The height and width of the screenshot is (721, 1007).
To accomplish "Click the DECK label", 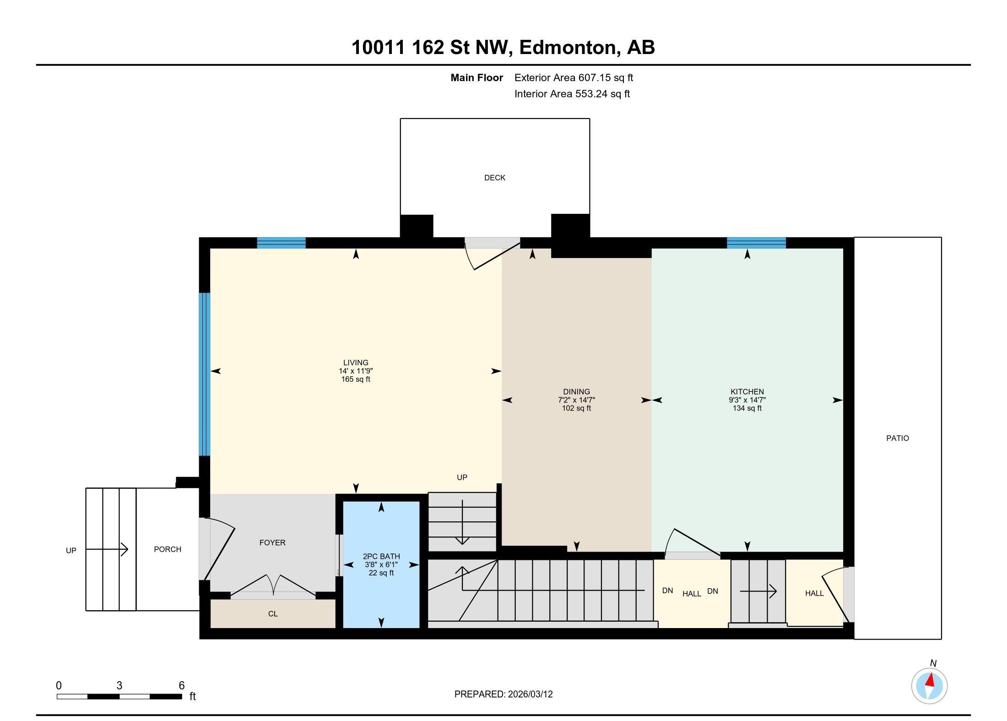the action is pyautogui.click(x=494, y=178).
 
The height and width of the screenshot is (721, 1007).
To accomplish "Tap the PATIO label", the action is pyautogui.click(x=897, y=438).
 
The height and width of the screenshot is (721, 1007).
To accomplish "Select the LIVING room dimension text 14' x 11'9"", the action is pyautogui.click(x=356, y=371).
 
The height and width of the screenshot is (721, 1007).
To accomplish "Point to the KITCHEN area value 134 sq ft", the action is pyautogui.click(x=747, y=408).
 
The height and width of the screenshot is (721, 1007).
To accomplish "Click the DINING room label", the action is pyautogui.click(x=576, y=391).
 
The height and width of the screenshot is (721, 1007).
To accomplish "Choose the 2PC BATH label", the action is pyautogui.click(x=381, y=557).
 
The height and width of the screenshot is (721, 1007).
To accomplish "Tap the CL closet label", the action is pyautogui.click(x=273, y=614).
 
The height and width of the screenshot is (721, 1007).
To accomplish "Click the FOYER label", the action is pyautogui.click(x=272, y=542).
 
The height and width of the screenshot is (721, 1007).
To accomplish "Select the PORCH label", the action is pyautogui.click(x=168, y=549).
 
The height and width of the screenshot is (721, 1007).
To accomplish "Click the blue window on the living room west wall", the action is pyautogui.click(x=205, y=374).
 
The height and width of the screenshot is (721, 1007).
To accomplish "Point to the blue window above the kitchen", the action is pyautogui.click(x=756, y=243).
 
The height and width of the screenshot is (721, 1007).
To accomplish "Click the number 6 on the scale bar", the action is pyautogui.click(x=181, y=685).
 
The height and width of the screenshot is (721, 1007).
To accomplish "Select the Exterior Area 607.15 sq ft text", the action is pyautogui.click(x=574, y=78).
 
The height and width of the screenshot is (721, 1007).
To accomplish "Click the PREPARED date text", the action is pyautogui.click(x=503, y=694).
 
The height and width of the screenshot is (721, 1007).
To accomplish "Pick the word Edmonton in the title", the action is pyautogui.click(x=568, y=48).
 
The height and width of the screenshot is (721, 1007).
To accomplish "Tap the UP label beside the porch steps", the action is pyautogui.click(x=71, y=551).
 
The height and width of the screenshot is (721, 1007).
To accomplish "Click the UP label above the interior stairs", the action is pyautogui.click(x=462, y=477).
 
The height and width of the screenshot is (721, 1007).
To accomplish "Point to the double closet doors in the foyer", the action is pyautogui.click(x=273, y=586).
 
